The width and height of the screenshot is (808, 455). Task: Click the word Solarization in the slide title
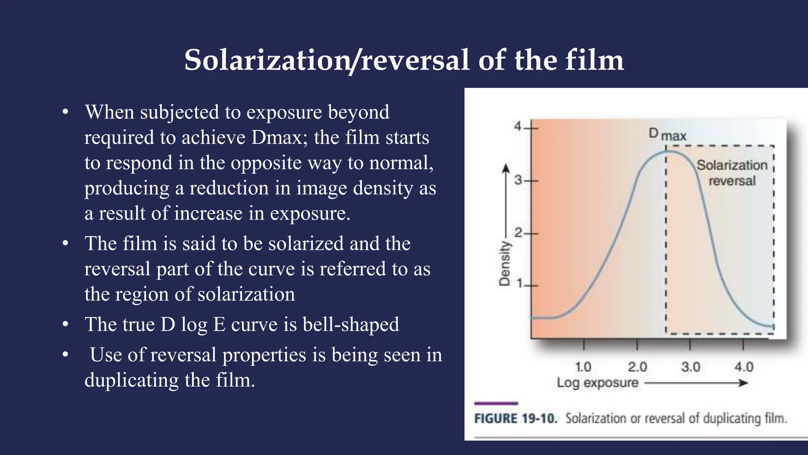click(x=267, y=60)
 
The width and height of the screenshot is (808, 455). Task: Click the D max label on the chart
click(x=668, y=135)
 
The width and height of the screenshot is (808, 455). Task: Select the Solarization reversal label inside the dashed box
click(x=732, y=173)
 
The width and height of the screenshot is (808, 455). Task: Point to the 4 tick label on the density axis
click(x=518, y=127)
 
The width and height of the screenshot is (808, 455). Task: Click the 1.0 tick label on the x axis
click(x=583, y=367)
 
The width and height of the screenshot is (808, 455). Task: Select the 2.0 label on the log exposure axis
click(x=637, y=367)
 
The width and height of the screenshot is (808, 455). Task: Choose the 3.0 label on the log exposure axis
click(x=690, y=367)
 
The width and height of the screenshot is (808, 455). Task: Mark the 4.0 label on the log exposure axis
click(x=744, y=367)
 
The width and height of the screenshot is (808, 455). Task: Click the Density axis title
click(x=504, y=263)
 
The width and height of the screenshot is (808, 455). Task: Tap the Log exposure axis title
click(x=597, y=382)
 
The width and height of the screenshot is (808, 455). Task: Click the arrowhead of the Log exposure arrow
click(x=744, y=383)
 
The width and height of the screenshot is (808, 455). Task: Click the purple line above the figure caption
click(x=496, y=403)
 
